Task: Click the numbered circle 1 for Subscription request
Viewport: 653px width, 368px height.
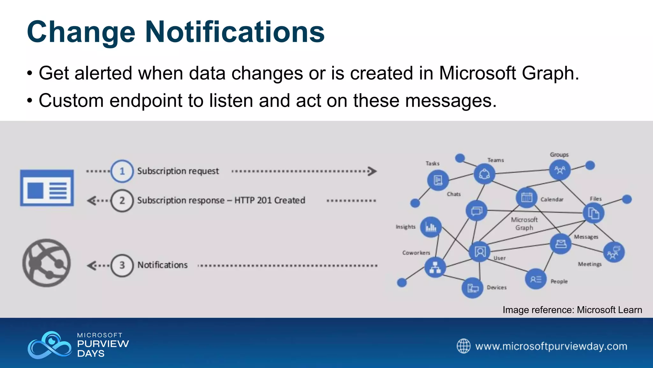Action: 122,171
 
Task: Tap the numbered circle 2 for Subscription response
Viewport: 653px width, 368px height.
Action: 122,201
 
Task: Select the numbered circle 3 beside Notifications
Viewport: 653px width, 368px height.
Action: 122,265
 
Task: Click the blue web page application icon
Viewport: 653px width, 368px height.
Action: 47,188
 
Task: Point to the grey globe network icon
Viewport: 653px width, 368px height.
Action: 47,263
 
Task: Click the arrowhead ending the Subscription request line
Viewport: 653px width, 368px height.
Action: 372,171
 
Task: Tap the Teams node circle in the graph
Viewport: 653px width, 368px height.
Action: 484,174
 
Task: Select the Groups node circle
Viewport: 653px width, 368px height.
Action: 560,170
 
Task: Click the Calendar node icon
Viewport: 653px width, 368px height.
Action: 526,198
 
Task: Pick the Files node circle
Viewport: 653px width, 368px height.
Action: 593,213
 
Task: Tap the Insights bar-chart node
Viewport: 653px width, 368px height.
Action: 431,227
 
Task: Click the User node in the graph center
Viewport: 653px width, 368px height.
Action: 480,252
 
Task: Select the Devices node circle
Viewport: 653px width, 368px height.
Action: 472,288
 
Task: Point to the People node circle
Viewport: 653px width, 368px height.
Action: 536,279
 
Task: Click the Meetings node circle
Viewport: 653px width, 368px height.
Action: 614,252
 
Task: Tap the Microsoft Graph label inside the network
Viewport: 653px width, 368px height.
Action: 524,224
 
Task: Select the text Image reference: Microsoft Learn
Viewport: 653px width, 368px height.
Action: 572,310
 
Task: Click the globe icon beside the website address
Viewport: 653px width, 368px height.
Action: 463,346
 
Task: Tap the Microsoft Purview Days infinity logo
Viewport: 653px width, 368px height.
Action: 49,345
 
